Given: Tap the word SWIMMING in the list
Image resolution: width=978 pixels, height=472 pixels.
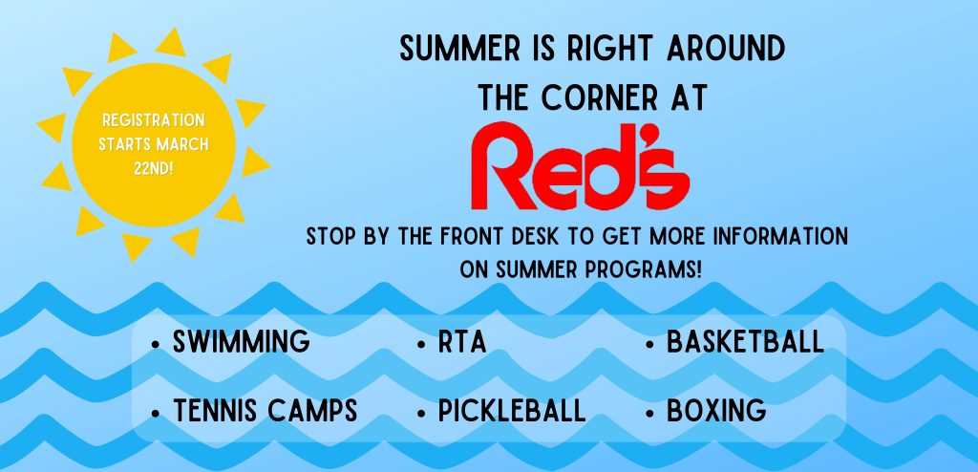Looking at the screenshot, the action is point(242,342).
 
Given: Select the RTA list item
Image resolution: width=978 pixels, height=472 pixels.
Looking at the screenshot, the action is point(462,342).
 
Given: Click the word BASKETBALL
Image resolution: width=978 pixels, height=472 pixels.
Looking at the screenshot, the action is point(745,342).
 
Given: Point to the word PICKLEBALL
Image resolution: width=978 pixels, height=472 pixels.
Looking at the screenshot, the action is point(512,411).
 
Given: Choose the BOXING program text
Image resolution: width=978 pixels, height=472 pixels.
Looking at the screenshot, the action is point(716,411).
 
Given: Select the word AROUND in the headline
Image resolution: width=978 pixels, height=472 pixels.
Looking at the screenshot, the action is point(726,50).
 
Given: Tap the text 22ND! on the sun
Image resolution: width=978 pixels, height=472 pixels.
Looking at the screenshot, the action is point(154,168).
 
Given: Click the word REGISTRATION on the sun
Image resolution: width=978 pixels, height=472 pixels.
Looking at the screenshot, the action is point(154,120).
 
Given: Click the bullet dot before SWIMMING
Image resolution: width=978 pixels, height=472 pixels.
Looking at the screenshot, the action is point(156,344).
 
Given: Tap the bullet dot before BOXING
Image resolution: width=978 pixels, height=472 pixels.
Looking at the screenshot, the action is point(649,413).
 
